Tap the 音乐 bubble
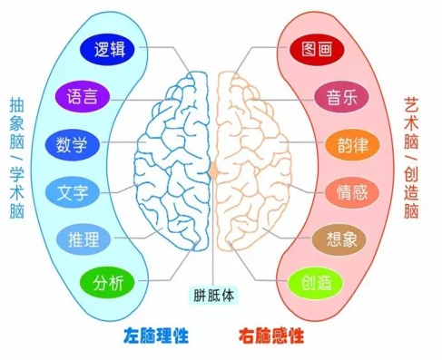pyautogui.click(x=341, y=95)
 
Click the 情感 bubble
pyautogui.click(x=353, y=191)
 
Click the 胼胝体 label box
pyautogui.click(x=213, y=295)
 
